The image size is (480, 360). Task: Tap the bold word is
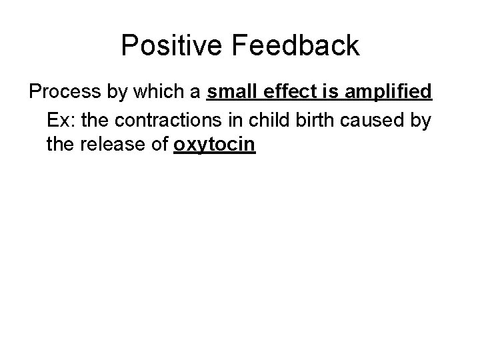331,91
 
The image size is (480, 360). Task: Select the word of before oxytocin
158,144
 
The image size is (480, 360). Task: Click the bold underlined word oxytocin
214,144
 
